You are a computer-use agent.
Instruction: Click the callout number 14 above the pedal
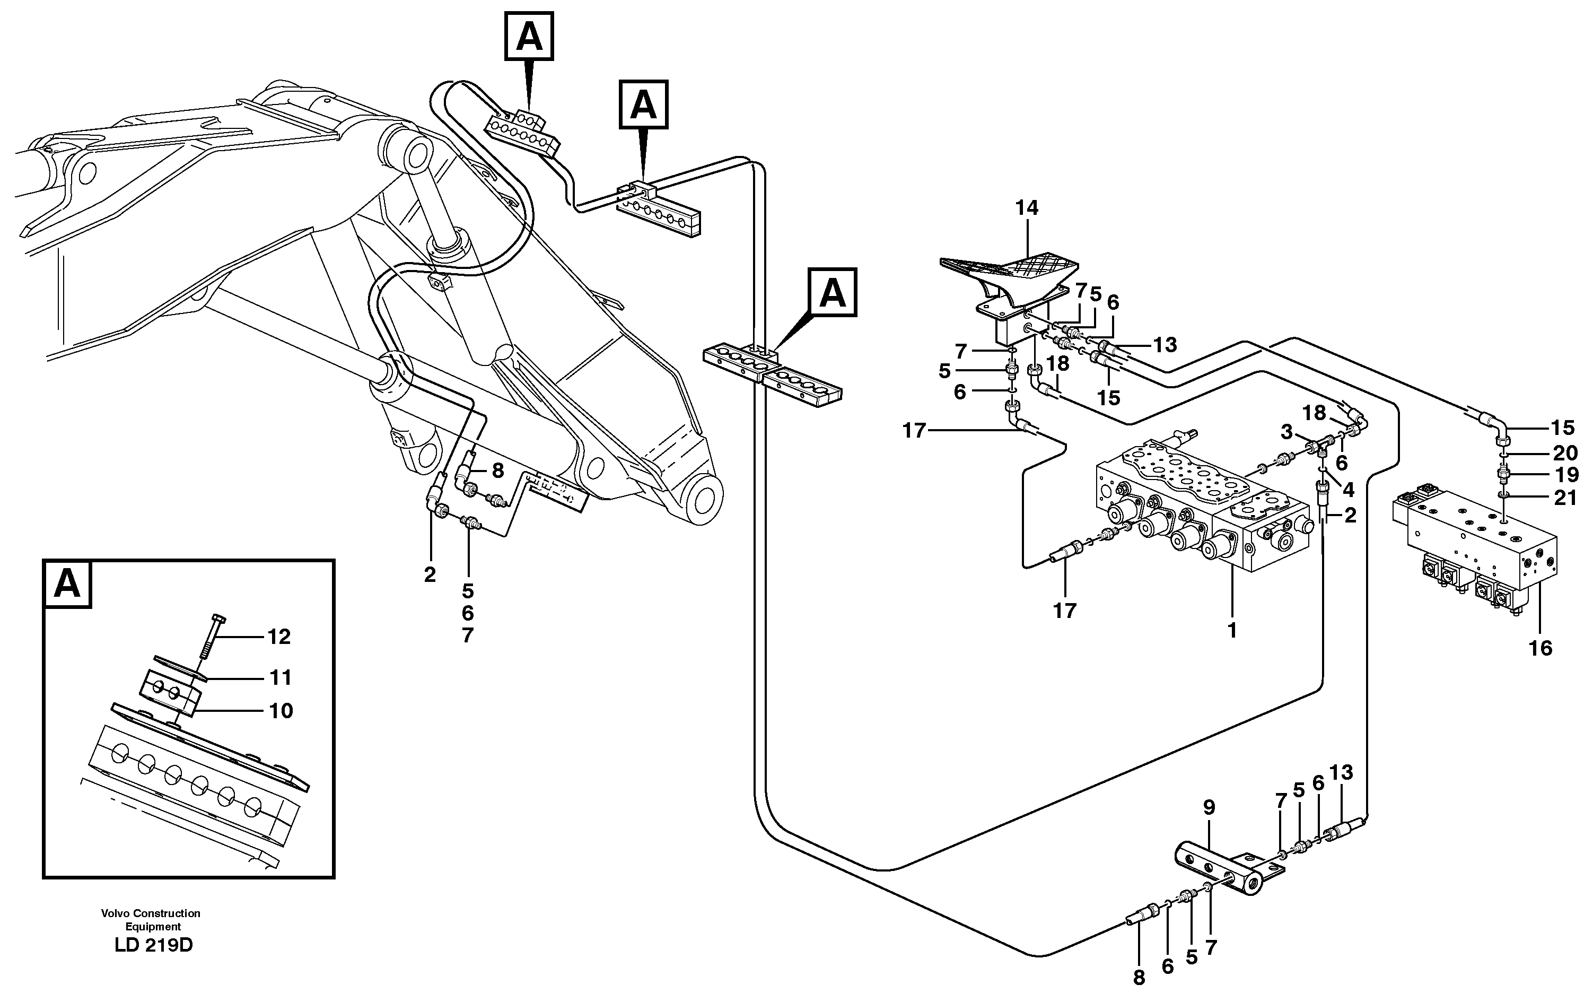[x=1027, y=208]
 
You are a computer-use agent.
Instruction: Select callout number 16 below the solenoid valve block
[x=1541, y=648]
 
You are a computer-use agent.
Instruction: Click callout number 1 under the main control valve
[x=1232, y=631]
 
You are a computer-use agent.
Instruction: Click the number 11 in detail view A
[x=281, y=678]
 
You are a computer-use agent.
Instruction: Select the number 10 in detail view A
[x=281, y=711]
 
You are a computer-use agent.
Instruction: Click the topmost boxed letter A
[x=529, y=37]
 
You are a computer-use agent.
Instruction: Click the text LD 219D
[x=153, y=945]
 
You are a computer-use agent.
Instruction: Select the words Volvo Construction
[x=151, y=913]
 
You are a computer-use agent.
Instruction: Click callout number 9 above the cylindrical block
[x=1209, y=807]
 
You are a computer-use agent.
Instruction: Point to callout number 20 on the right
[x=1565, y=454]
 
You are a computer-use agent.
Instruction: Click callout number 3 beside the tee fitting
[x=1286, y=432]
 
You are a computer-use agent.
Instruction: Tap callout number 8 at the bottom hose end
[x=1139, y=978]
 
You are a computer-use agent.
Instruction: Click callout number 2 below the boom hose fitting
[x=430, y=574]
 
